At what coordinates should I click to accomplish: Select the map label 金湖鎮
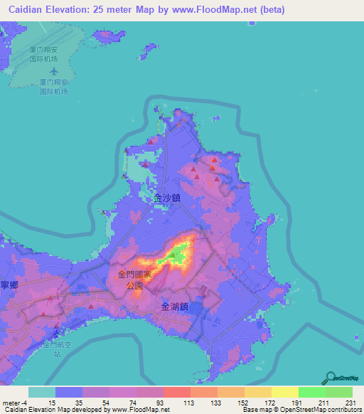point(174,307)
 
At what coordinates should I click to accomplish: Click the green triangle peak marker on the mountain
point(172,253)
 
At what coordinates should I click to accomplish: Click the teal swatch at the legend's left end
point(41,392)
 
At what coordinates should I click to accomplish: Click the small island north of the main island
point(149,52)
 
